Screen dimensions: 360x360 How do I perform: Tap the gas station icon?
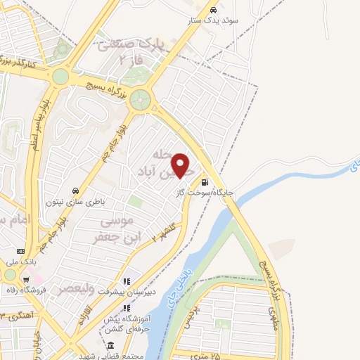204,179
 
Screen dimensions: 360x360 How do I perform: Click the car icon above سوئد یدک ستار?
213,11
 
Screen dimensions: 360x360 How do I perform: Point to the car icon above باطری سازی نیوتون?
75,191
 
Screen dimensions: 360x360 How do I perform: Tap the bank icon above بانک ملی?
20,250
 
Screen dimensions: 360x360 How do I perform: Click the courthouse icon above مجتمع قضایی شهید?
110,345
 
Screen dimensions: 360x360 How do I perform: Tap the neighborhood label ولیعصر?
73,288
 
